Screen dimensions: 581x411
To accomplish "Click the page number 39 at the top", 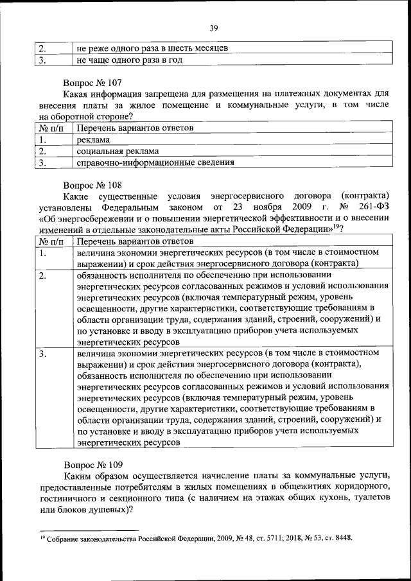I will point(214,28).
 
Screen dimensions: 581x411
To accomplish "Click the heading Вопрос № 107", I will point(91,83).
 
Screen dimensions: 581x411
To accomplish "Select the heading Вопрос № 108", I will point(91,184).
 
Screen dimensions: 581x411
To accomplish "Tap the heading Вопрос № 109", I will point(91,464).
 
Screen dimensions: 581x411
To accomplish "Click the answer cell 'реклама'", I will point(93,139).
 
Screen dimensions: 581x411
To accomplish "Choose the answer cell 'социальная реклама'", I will point(118,151).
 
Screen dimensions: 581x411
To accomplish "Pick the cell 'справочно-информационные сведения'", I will point(155,162).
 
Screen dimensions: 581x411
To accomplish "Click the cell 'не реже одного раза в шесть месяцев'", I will point(152,48).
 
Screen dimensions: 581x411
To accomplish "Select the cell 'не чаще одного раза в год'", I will point(129,60).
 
